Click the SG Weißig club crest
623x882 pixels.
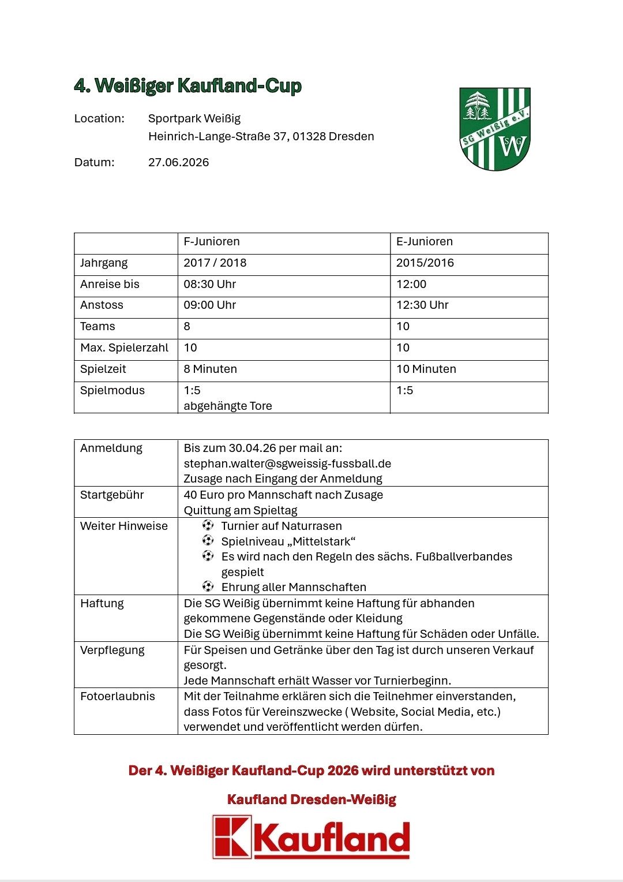coord(495,129)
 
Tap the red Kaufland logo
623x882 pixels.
coord(311,837)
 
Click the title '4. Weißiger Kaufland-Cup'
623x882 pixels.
coord(187,85)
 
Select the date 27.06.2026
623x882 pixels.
coord(178,162)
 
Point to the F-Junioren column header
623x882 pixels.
coord(212,241)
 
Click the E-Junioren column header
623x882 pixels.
coord(425,241)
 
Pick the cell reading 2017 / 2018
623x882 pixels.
coord(215,263)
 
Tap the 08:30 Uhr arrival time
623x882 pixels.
coord(209,284)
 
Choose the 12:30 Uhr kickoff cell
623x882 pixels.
coord(422,305)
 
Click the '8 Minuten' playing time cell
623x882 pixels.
coord(210,369)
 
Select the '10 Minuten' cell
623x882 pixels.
coord(426,369)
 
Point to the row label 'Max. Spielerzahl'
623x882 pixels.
coord(125,347)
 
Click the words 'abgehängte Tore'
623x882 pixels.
coord(228,406)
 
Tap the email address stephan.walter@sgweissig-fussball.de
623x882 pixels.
coord(287,464)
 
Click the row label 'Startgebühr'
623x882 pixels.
coord(112,495)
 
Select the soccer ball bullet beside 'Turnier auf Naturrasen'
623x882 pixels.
coord(208,525)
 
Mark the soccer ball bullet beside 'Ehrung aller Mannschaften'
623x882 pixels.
coord(208,586)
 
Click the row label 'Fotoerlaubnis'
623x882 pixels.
coord(118,696)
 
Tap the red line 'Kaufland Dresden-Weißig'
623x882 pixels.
coord(311,799)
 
